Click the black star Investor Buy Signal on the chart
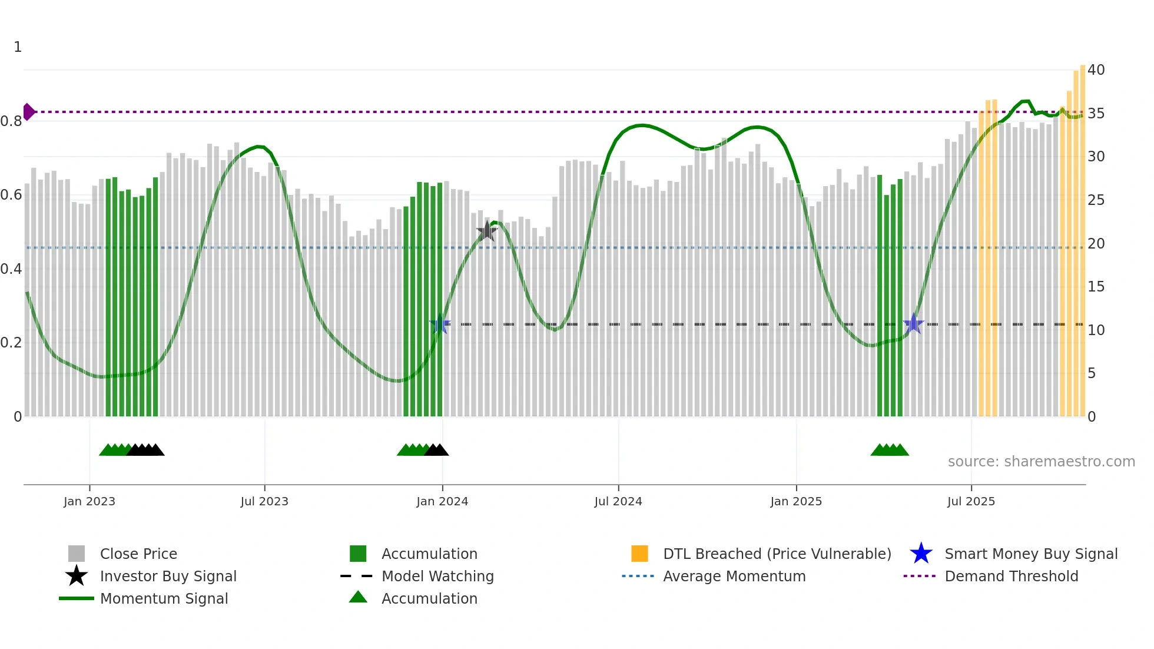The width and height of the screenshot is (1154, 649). pyautogui.click(x=486, y=232)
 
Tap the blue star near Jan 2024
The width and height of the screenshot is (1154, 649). pyautogui.click(x=440, y=324)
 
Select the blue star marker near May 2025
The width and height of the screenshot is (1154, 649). pyautogui.click(x=913, y=323)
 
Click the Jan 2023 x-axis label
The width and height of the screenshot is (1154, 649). pyautogui.click(x=89, y=502)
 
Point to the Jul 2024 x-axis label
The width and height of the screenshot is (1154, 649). pyautogui.click(x=618, y=502)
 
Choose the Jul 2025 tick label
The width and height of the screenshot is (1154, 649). pyautogui.click(x=971, y=502)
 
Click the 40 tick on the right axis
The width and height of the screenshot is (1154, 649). pyautogui.click(x=1096, y=70)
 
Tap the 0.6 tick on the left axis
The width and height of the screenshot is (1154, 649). pyautogui.click(x=11, y=195)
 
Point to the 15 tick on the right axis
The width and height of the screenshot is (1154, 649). pyautogui.click(x=1096, y=287)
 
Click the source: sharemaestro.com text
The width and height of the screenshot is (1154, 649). pyautogui.click(x=1041, y=462)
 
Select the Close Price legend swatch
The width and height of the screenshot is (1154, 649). pyautogui.click(x=77, y=554)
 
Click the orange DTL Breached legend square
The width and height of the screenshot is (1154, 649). pyautogui.click(x=639, y=554)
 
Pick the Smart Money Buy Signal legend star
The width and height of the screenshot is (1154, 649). pyautogui.click(x=921, y=554)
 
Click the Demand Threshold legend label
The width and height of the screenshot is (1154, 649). pyautogui.click(x=1011, y=577)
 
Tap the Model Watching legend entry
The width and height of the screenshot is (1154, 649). pyautogui.click(x=437, y=577)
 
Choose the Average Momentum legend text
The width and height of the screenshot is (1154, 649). pyautogui.click(x=734, y=577)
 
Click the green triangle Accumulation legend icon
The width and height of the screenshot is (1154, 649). pyautogui.click(x=358, y=598)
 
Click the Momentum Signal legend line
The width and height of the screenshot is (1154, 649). pyautogui.click(x=77, y=599)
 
